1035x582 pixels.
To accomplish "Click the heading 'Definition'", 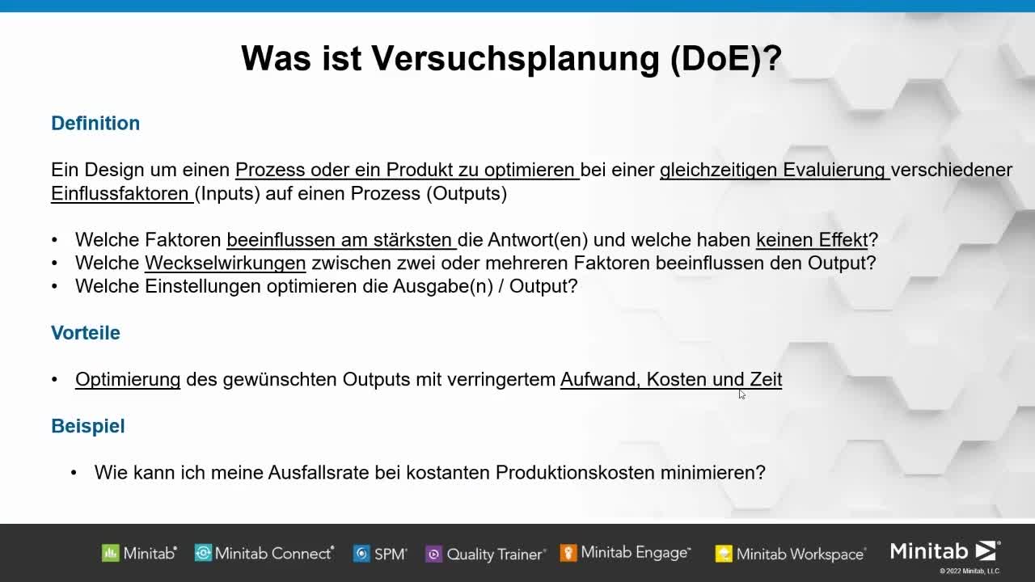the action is coord(95,124).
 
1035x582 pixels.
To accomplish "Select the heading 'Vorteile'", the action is coord(86,332).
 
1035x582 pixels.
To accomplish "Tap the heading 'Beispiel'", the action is coord(88,426).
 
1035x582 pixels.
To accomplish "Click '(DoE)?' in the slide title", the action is coord(725,59).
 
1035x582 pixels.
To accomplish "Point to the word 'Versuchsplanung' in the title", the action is coord(515,59).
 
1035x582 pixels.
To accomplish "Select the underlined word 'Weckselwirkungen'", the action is coord(226,263).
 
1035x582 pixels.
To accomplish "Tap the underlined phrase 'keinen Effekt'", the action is coord(812,240).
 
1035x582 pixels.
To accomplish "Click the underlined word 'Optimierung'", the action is coord(128,379).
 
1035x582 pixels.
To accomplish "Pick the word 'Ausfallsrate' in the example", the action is coord(319,473).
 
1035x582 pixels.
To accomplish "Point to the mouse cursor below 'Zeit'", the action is coord(741,394).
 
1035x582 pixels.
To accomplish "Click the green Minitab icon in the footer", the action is coord(111,553).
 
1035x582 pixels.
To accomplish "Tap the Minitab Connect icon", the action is coord(203,552).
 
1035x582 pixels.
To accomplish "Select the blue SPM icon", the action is coord(361,554).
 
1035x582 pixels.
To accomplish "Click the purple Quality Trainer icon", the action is coord(433,554).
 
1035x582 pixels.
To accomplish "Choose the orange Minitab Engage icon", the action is coord(568,553).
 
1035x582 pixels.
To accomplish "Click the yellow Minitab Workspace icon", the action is coord(724,554).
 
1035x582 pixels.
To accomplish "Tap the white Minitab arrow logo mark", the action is coord(986,551).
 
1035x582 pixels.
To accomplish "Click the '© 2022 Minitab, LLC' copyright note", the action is coord(970,571).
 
